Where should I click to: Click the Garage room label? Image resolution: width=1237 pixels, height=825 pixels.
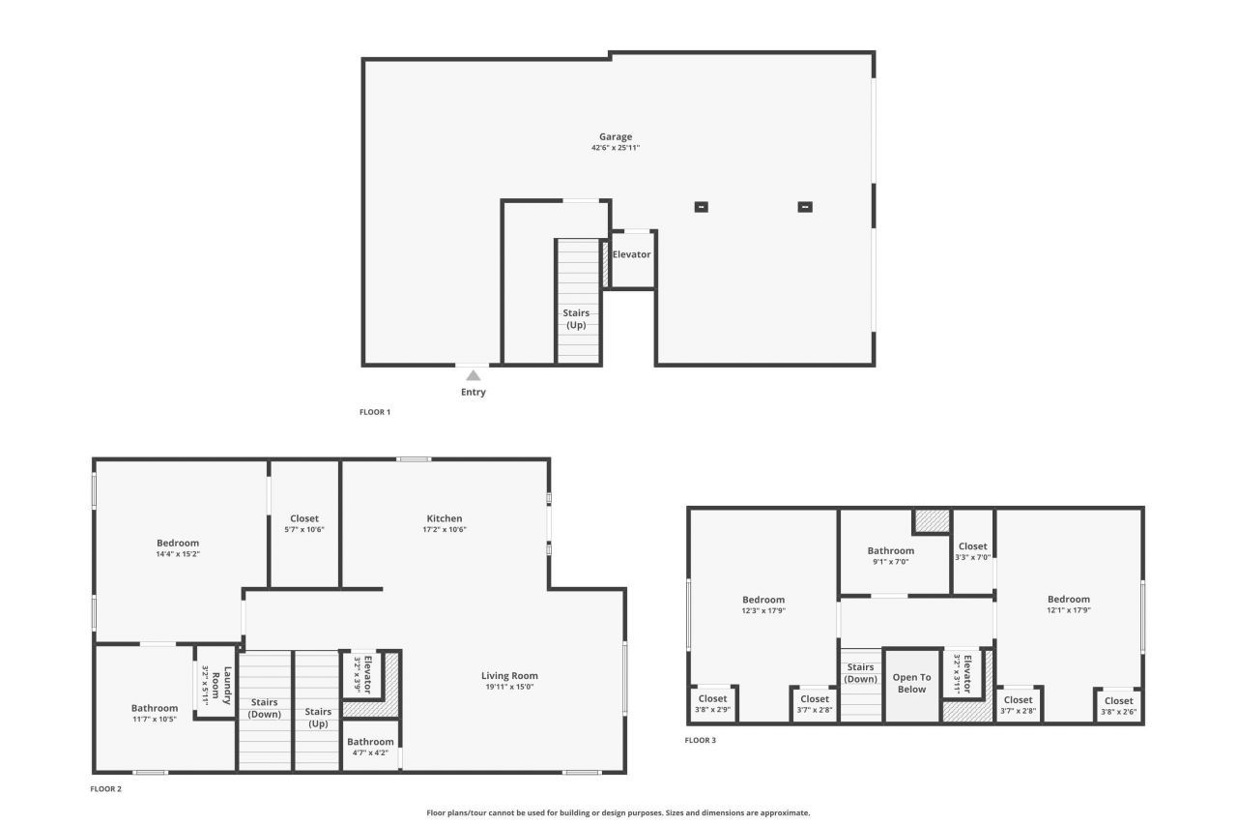[616, 137]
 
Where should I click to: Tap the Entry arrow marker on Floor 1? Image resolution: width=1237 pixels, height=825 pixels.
[473, 375]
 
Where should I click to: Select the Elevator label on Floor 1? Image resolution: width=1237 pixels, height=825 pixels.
[631, 254]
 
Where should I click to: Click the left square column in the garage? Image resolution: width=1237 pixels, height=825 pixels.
[701, 206]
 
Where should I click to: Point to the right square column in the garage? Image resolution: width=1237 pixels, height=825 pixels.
[804, 206]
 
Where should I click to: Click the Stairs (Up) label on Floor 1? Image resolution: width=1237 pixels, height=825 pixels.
[576, 318]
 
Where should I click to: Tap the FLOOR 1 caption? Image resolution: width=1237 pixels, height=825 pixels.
[375, 412]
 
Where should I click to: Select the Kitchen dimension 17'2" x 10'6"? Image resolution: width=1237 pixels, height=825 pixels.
[445, 530]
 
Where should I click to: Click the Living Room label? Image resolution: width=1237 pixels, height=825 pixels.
[509, 676]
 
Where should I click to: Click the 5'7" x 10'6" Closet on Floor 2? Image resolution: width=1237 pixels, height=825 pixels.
[304, 524]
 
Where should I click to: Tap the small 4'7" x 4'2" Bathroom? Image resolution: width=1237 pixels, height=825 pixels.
[371, 747]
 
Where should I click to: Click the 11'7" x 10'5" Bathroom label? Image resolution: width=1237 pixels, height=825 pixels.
[155, 714]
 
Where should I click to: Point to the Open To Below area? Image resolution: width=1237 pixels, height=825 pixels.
[911, 684]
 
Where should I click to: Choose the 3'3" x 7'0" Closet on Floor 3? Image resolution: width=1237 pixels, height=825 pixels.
[973, 551]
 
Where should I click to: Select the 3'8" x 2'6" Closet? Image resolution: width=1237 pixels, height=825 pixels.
[1119, 706]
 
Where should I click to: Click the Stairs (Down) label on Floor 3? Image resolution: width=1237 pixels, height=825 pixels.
[860, 672]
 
